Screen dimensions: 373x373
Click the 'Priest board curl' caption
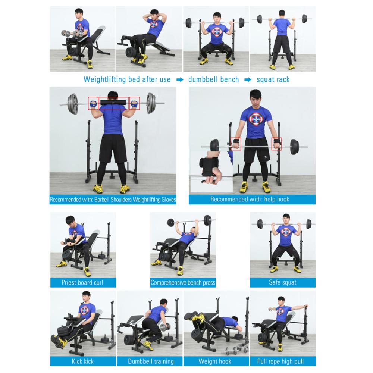(82, 282)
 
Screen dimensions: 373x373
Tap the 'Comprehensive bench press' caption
(183, 282)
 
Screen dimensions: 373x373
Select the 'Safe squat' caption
(282, 282)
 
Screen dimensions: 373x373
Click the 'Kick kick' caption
(82, 361)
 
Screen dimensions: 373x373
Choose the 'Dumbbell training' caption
(151, 361)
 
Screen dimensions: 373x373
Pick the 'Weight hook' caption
(215, 361)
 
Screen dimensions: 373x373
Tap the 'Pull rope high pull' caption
(280, 361)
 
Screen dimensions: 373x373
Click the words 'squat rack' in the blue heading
(273, 79)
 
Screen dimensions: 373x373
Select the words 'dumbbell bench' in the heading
(213, 79)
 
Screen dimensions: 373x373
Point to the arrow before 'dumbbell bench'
(179, 79)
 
